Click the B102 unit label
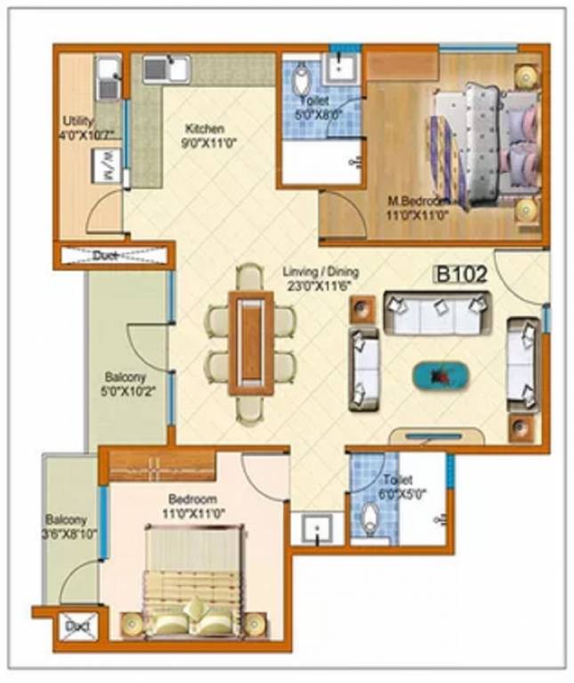click(461, 274)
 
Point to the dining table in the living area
click(250, 343)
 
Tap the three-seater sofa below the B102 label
click(438, 311)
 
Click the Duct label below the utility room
click(114, 256)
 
